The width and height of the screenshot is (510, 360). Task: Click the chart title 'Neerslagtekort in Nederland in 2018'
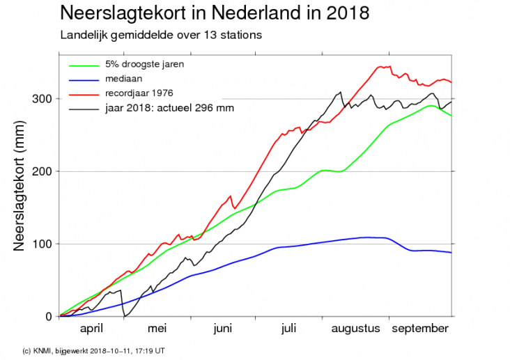(x=215, y=13)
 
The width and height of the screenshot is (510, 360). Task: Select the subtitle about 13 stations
(x=162, y=34)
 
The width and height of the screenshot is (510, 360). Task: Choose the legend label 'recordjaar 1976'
(x=139, y=93)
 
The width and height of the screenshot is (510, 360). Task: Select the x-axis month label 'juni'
(x=223, y=329)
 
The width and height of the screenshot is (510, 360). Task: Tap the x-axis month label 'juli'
(x=290, y=329)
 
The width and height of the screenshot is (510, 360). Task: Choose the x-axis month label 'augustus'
(x=355, y=329)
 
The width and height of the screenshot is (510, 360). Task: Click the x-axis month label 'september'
(x=419, y=329)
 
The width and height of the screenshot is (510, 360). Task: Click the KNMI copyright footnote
(x=93, y=350)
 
